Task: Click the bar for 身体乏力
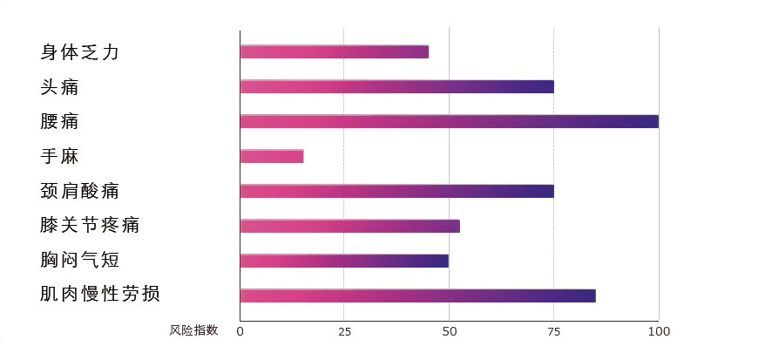click(335, 51)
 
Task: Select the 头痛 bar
click(396, 86)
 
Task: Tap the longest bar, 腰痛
click(450, 121)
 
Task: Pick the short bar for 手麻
click(272, 156)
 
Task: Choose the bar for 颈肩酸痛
click(396, 191)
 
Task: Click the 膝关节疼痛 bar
click(350, 226)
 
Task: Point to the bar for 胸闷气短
click(344, 261)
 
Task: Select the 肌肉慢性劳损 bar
click(418, 295)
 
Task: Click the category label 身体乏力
click(79, 51)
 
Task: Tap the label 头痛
click(59, 86)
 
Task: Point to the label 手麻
click(59, 156)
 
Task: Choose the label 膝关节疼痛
click(90, 225)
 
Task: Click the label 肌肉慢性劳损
click(100, 294)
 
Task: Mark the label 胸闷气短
click(79, 260)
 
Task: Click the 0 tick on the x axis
click(240, 332)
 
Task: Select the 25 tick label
click(345, 332)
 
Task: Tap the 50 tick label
click(449, 332)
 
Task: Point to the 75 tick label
click(554, 332)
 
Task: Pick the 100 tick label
click(659, 332)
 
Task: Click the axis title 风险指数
click(193, 330)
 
